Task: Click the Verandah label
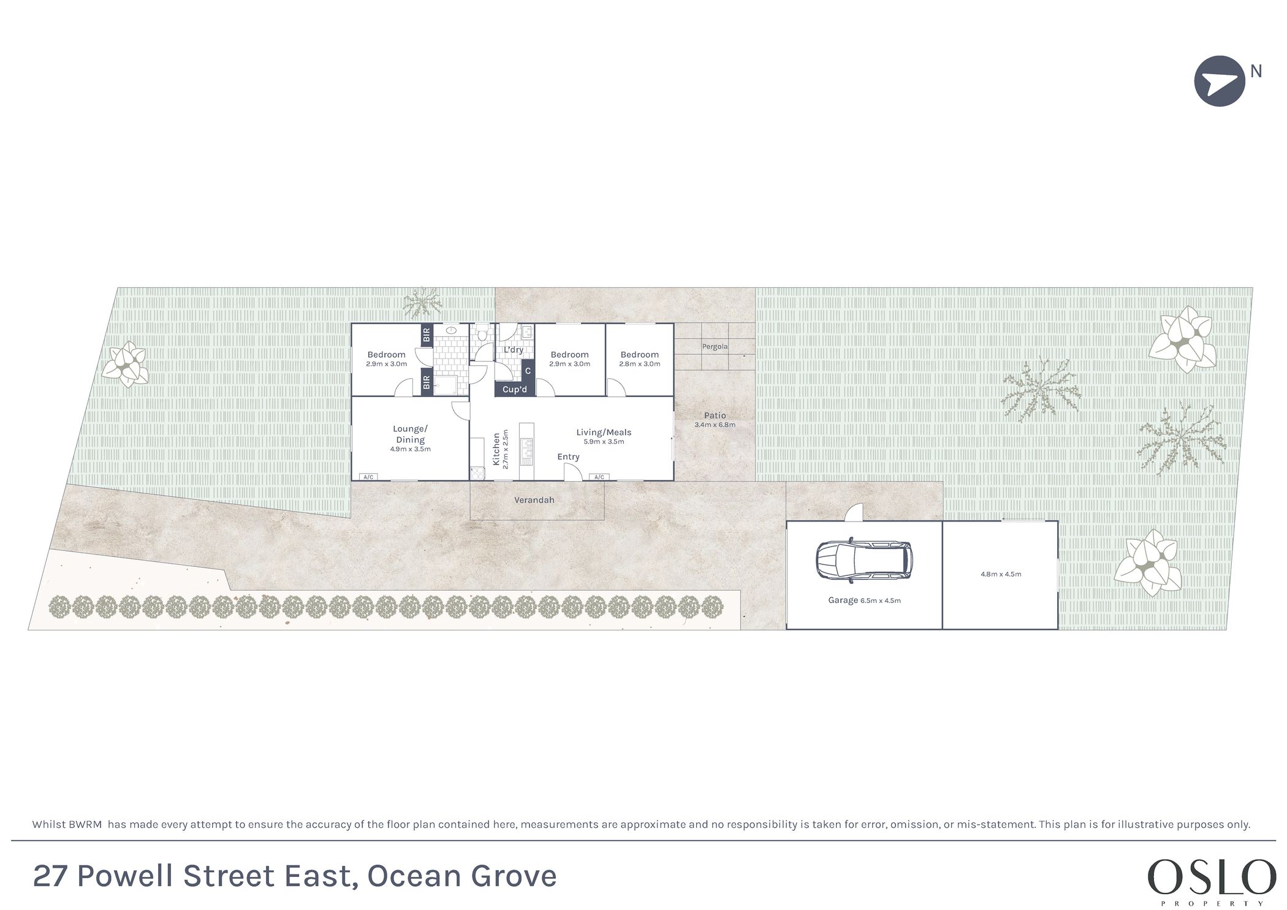click(534, 500)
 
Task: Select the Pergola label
click(715, 347)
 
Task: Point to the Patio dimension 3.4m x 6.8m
click(715, 425)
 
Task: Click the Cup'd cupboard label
click(515, 390)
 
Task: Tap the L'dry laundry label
click(514, 350)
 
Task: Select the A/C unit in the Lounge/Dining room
click(368, 477)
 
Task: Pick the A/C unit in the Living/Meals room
click(599, 477)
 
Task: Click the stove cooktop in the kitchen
click(476, 472)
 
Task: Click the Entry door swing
click(573, 471)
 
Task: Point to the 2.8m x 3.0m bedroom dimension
click(639, 364)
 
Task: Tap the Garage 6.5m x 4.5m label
click(864, 601)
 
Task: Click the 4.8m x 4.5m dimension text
click(1001, 574)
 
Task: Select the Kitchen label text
click(496, 449)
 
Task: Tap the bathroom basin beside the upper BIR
click(451, 330)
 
